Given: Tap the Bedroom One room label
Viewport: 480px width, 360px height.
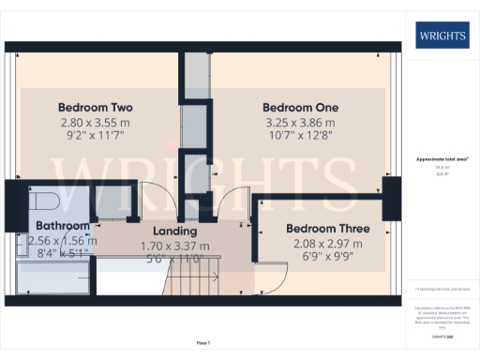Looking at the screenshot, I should pyautogui.click(x=300, y=107).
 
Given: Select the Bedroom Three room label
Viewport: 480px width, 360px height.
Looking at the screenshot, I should pyautogui.click(x=327, y=229).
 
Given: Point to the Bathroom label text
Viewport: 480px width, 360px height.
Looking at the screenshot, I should pyautogui.click(x=63, y=226).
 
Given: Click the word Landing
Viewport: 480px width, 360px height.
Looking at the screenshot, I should pyautogui.click(x=174, y=231).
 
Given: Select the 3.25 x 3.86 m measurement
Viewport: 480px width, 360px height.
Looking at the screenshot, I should pyautogui.click(x=300, y=123).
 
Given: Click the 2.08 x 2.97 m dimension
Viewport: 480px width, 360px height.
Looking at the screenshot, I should pyautogui.click(x=327, y=244).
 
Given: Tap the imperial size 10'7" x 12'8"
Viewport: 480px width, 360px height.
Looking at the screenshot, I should pyautogui.click(x=300, y=138).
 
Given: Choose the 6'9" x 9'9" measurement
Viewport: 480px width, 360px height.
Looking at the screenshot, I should pyautogui.click(x=327, y=259).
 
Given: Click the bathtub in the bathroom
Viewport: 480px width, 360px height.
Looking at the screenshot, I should pyautogui.click(x=52, y=277).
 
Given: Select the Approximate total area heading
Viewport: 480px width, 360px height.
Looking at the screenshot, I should pyautogui.click(x=442, y=159).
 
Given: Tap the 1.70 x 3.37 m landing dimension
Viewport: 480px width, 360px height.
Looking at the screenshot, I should pyautogui.click(x=174, y=246).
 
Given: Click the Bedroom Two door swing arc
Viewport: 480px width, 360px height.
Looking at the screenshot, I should pyautogui.click(x=157, y=199).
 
